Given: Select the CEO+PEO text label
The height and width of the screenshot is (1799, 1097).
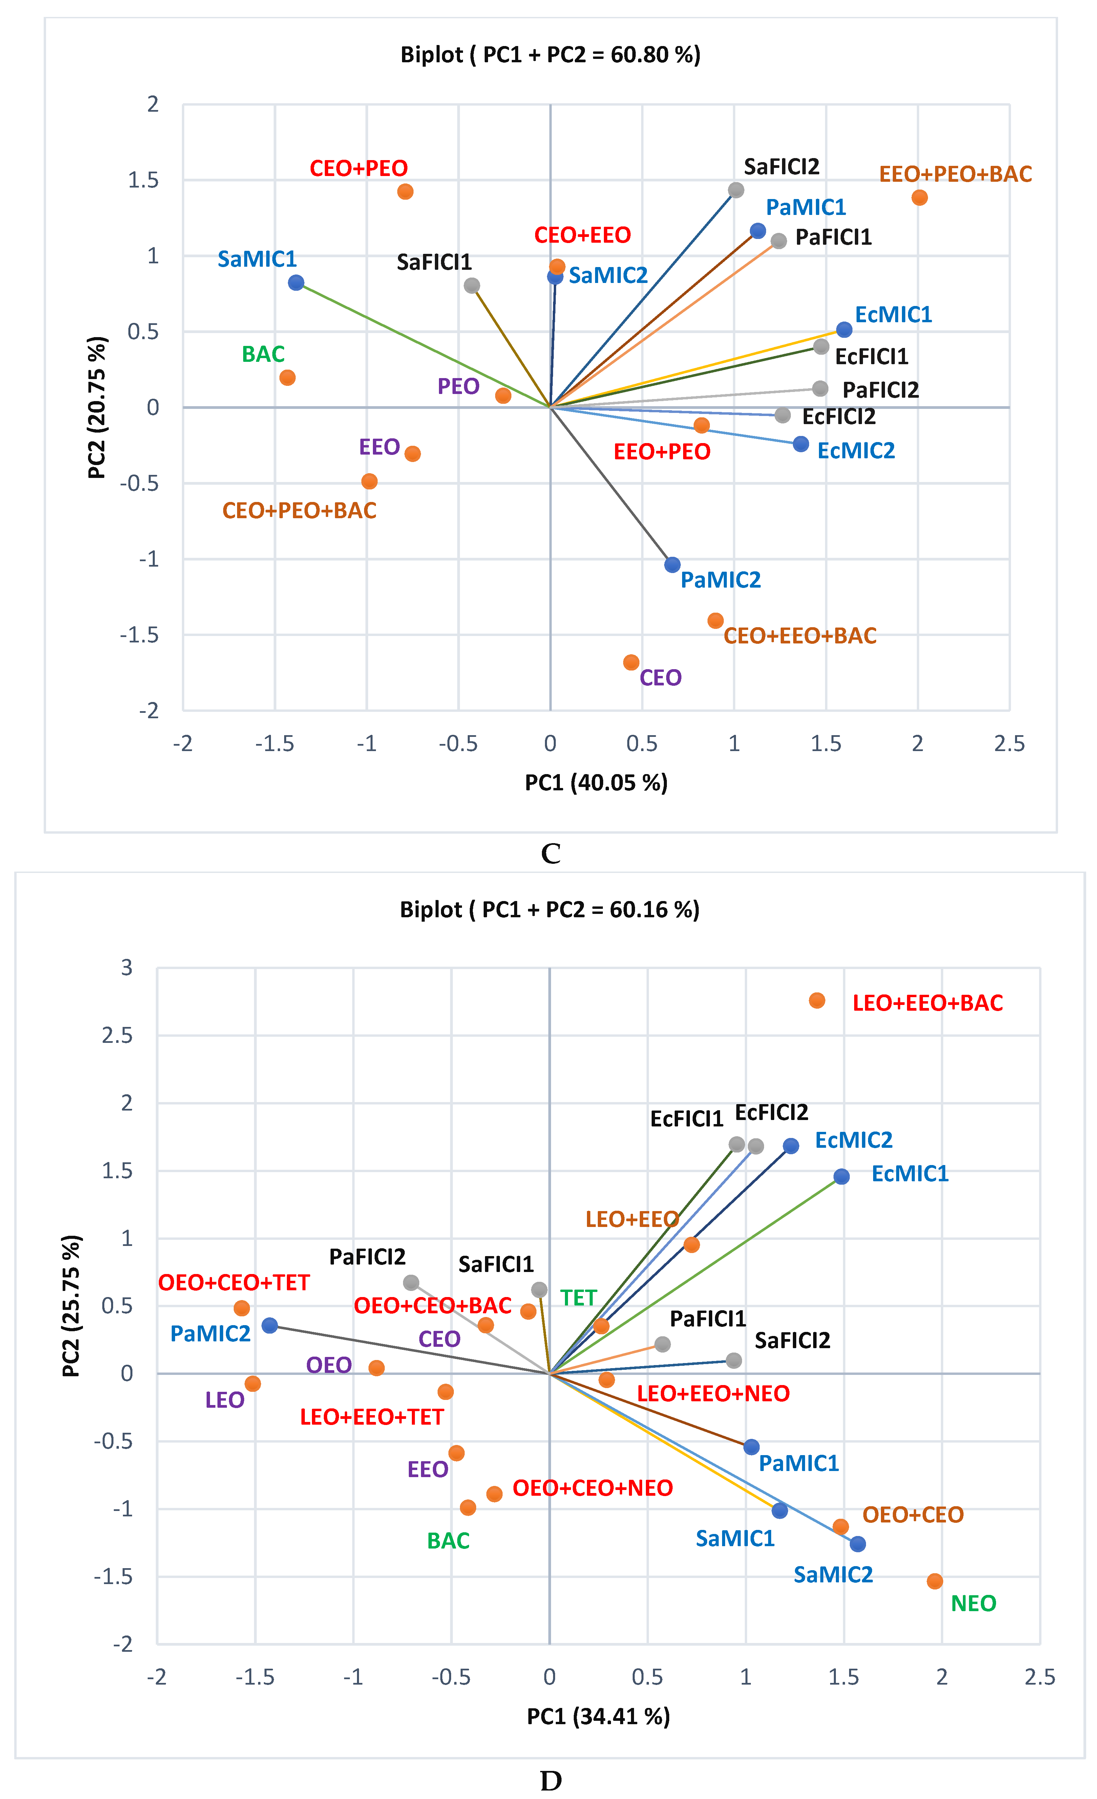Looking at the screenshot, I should tap(359, 169).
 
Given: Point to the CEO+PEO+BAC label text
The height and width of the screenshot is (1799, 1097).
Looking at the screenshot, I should tap(299, 510).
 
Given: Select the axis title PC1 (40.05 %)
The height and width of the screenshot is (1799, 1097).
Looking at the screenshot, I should tap(596, 783).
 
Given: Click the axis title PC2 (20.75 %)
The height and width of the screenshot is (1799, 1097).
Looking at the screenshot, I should tap(97, 408).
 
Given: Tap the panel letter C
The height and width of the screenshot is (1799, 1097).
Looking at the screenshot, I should tap(551, 853).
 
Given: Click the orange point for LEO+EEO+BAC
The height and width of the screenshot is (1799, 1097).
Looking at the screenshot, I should tap(817, 1000).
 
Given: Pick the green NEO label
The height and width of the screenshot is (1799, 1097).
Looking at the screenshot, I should tap(973, 1603).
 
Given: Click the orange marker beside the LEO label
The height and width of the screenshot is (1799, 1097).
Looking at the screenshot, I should tap(253, 1384).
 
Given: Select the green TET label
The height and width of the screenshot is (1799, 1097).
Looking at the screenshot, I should tap(578, 1297).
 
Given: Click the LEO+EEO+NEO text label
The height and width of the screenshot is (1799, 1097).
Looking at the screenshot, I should tap(713, 1393).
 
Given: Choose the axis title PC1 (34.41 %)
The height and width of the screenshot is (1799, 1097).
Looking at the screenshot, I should tap(598, 1716).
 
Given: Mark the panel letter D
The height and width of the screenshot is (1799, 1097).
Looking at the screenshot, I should tap(551, 1781).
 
